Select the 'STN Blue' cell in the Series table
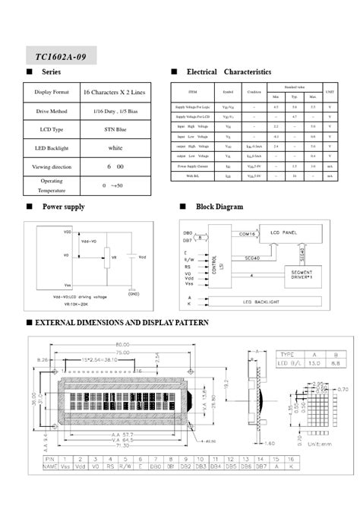point(115,130)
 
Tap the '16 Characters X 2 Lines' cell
point(115,92)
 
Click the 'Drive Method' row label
point(52,111)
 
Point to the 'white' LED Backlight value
point(115,147)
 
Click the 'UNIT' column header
point(330,91)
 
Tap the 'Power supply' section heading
point(63,207)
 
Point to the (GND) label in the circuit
point(134,293)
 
